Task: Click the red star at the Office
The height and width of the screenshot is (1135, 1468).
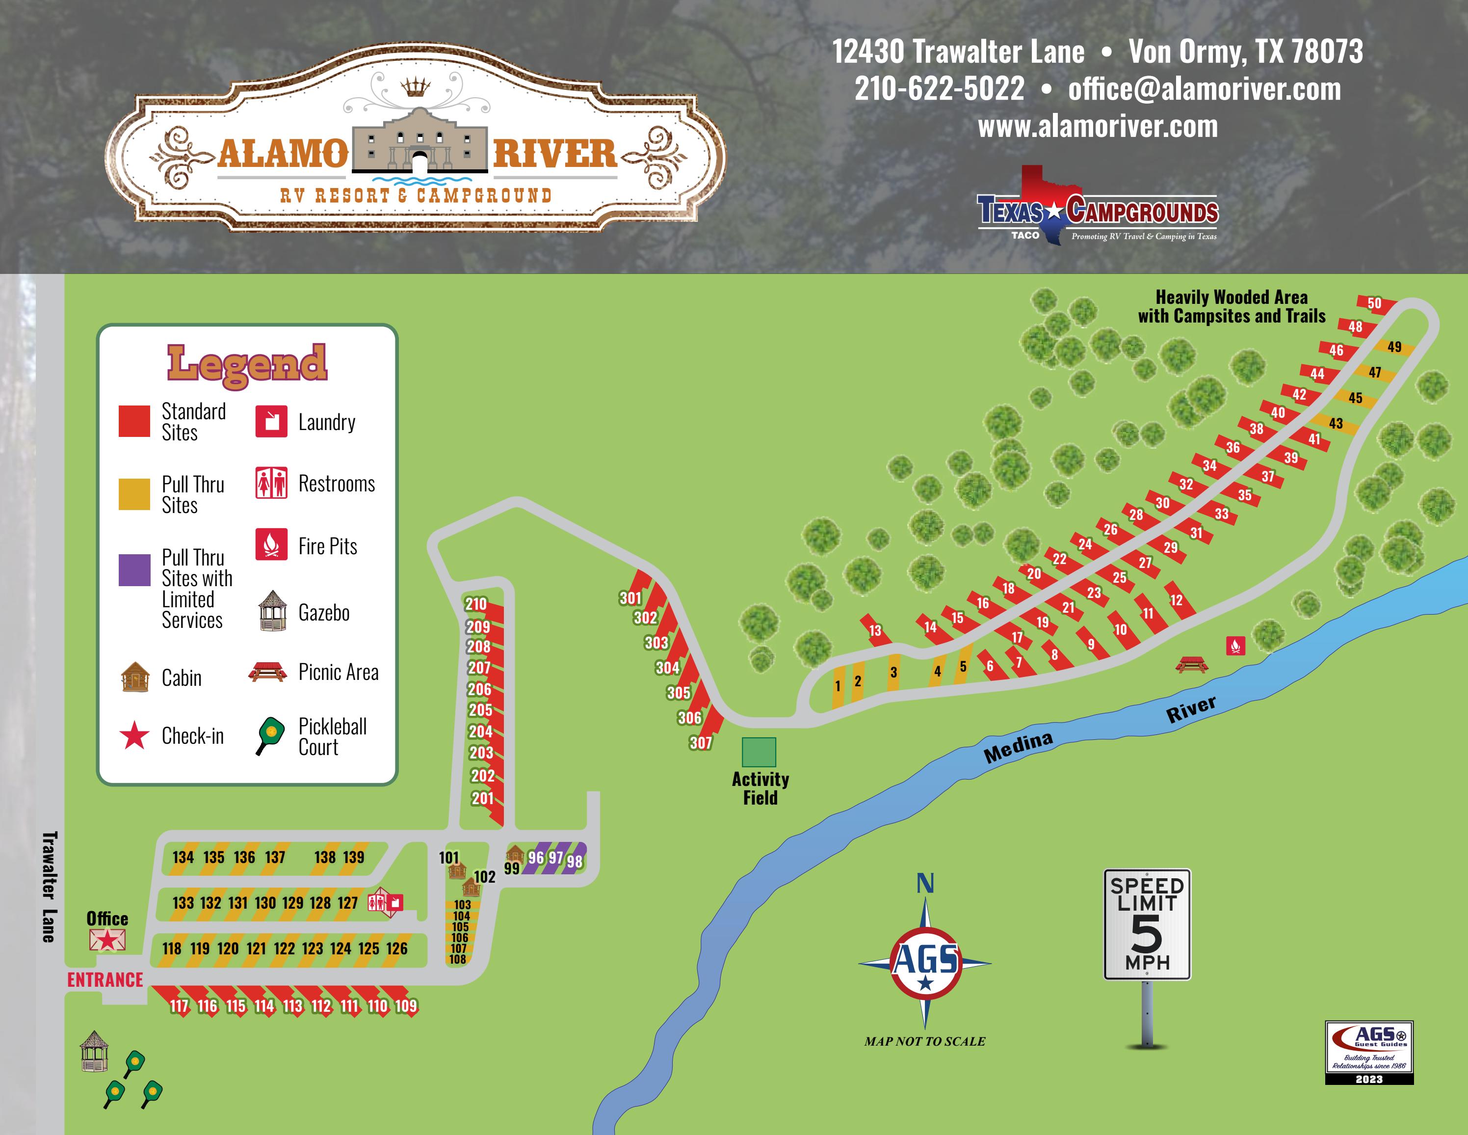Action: pyautogui.click(x=107, y=939)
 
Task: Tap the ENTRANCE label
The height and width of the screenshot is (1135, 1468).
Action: pyautogui.click(x=105, y=980)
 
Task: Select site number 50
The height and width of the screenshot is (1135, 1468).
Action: pyautogui.click(x=1375, y=303)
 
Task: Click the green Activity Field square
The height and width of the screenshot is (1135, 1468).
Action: pyautogui.click(x=759, y=752)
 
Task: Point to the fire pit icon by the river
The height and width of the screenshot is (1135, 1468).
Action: pyautogui.click(x=1236, y=646)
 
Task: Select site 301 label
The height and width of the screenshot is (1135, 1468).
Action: pyautogui.click(x=630, y=598)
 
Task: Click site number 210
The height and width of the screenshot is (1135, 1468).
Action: pyautogui.click(x=476, y=604)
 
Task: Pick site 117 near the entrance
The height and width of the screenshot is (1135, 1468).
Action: pyautogui.click(x=179, y=1006)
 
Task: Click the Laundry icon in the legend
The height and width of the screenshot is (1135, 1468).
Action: pyautogui.click(x=271, y=422)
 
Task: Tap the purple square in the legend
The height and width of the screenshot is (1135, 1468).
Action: pyautogui.click(x=134, y=570)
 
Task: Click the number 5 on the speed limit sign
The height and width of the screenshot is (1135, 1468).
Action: pyautogui.click(x=1147, y=934)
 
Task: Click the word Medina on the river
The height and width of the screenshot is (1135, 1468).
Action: pyautogui.click(x=1018, y=747)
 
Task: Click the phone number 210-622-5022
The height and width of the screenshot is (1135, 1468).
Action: pyautogui.click(x=939, y=89)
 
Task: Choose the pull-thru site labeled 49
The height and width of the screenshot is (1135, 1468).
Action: pyautogui.click(x=1395, y=347)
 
